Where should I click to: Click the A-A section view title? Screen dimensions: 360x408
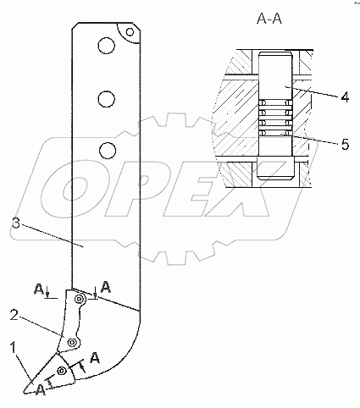[269, 19]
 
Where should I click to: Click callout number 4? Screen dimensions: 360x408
[345, 97]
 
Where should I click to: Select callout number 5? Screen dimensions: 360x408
[345, 145]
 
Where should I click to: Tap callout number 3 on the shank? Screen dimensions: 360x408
[16, 224]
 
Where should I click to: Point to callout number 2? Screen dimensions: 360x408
[14, 315]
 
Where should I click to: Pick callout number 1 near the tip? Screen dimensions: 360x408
[14, 347]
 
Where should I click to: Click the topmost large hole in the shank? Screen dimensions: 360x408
[107, 46]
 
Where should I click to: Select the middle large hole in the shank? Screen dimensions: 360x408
[107, 99]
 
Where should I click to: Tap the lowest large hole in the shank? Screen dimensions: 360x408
[108, 150]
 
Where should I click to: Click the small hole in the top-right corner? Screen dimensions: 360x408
[130, 32]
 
